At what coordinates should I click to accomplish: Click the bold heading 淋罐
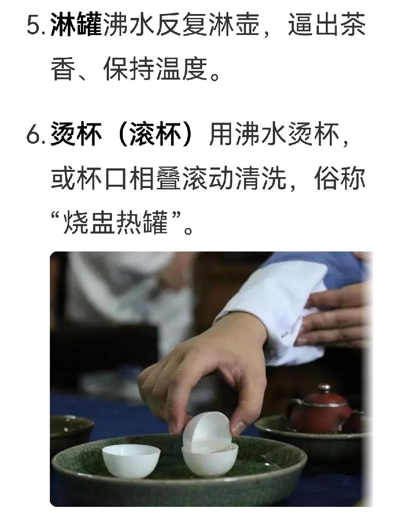point(76,24)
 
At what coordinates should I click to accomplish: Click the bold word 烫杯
point(76,134)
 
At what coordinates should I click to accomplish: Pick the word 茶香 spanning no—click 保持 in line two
point(129,69)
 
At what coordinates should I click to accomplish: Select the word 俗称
point(340,178)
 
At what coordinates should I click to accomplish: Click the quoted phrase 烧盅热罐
point(115,223)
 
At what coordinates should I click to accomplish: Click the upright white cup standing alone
point(131,461)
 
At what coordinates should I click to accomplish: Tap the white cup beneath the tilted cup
point(209,459)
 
